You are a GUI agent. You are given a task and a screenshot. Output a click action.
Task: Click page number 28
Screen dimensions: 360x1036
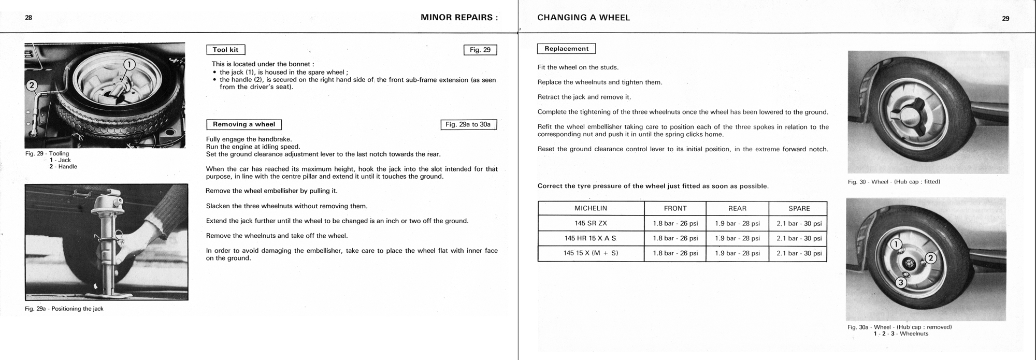(x=28, y=18)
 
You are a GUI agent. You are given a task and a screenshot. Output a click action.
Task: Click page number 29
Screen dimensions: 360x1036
(x=1005, y=18)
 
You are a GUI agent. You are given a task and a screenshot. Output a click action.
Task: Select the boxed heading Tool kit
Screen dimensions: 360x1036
(x=225, y=50)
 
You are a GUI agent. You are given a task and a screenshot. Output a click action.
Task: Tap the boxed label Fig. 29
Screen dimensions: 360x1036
(x=480, y=50)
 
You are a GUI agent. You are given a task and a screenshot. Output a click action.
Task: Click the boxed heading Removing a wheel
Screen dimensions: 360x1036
(x=244, y=124)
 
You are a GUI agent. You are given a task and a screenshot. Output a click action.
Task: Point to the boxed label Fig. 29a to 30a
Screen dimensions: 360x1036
(x=468, y=124)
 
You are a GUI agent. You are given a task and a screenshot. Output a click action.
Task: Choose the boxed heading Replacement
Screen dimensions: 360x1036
(x=566, y=49)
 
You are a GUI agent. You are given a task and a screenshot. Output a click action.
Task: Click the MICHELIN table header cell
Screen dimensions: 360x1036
(x=591, y=208)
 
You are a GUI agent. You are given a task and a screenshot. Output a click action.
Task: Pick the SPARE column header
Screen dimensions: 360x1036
(x=799, y=208)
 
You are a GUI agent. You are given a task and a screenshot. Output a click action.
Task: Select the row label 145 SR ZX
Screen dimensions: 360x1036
(x=591, y=223)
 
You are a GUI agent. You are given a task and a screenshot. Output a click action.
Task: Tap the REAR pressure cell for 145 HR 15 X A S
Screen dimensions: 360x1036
(x=737, y=238)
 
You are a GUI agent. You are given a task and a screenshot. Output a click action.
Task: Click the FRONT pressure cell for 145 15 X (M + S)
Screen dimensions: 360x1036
(x=675, y=253)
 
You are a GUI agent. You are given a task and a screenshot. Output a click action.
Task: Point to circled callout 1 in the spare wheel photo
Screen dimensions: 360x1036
(x=129, y=65)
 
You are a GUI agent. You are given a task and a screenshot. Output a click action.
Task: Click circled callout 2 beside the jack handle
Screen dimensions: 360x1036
(x=31, y=85)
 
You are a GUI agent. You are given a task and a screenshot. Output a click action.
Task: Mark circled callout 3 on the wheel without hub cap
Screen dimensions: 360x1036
(x=901, y=282)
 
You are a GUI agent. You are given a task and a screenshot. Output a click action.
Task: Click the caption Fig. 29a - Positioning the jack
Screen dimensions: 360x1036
(x=64, y=309)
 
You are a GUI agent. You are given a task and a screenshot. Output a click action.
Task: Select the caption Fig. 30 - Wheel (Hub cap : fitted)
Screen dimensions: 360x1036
(x=894, y=182)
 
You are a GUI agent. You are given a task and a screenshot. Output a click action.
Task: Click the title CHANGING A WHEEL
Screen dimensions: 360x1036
(x=583, y=18)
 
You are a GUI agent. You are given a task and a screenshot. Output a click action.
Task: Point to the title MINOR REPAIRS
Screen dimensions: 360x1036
(x=459, y=18)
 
